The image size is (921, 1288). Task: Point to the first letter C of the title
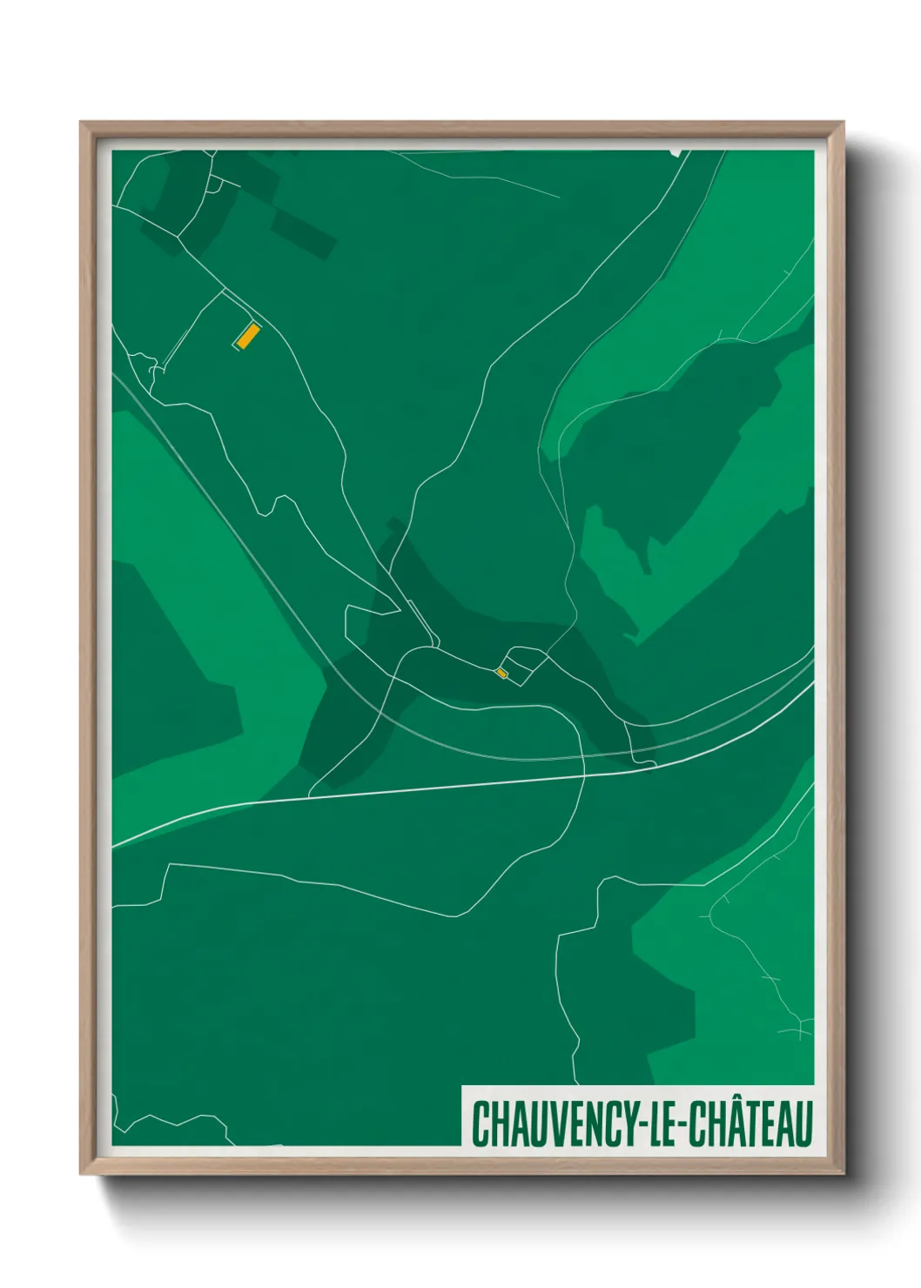480,1124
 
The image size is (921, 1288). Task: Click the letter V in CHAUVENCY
555,1124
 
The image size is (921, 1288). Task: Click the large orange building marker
247,335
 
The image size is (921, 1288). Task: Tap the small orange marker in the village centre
501,673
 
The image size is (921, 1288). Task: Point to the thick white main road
435,787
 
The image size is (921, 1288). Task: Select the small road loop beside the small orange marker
523,666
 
